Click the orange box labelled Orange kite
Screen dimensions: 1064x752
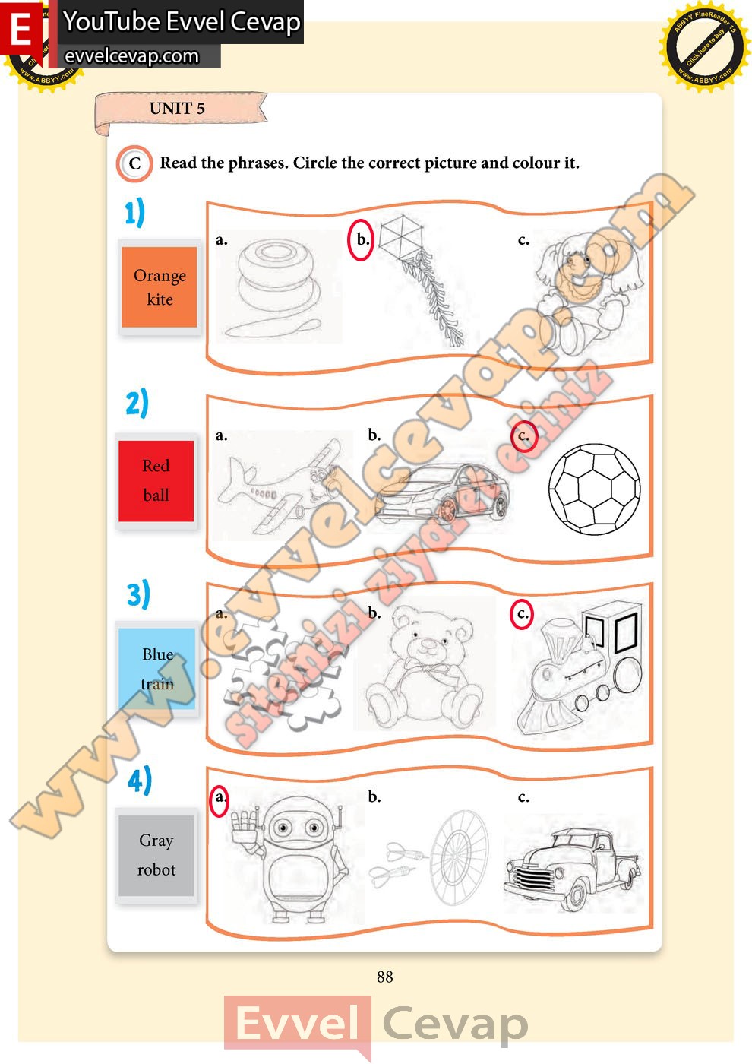click(160, 287)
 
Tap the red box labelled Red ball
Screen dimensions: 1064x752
click(156, 480)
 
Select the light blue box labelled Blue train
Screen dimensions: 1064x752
click(157, 669)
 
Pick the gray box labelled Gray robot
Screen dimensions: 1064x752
click(156, 855)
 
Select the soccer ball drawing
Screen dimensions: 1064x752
click(594, 489)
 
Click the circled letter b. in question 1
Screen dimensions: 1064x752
click(362, 240)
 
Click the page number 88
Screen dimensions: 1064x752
click(384, 977)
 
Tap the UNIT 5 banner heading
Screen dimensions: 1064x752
click(177, 109)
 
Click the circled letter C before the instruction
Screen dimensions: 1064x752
click(134, 163)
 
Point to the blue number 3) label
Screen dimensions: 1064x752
click(138, 594)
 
